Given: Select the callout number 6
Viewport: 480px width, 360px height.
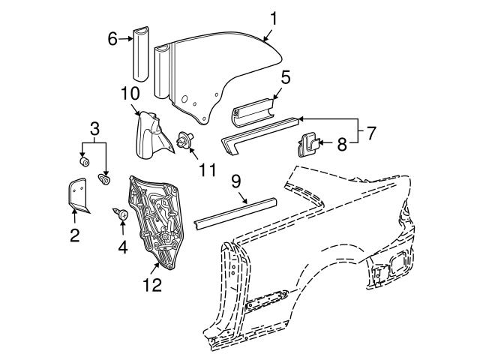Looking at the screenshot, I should [112, 38].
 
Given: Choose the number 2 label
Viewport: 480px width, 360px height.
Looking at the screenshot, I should [74, 236].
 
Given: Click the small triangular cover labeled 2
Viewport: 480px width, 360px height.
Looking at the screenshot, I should [76, 194].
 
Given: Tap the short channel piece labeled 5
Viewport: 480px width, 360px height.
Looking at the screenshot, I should [251, 112].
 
